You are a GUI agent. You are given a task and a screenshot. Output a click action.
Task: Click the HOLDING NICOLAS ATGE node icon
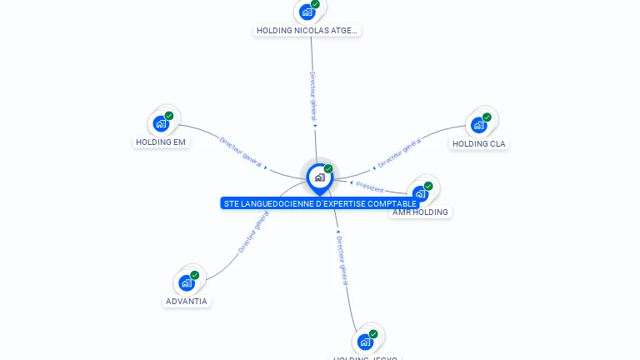307,12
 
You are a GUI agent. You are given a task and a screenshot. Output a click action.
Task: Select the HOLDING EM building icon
162,123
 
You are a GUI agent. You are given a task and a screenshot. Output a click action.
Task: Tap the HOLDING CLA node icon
478,125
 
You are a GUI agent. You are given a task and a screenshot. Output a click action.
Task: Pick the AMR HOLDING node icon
421,193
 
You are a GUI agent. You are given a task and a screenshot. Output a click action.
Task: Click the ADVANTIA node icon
187,282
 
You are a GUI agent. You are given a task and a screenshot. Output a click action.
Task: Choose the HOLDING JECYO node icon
365,342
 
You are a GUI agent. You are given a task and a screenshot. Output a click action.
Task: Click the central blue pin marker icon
319,177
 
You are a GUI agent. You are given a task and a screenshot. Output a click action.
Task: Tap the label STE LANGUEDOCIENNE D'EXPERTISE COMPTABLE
320,203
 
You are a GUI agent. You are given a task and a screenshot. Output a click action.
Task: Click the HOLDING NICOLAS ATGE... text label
307,30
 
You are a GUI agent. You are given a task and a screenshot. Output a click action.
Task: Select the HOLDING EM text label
161,142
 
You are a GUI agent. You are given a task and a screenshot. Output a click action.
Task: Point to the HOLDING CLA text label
478,143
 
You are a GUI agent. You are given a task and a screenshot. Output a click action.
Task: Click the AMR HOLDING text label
420,212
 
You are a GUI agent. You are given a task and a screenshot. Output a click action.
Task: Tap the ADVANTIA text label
187,301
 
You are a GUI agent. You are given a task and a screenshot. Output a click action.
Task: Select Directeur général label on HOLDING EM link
240,152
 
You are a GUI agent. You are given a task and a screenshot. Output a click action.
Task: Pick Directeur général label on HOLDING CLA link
399,153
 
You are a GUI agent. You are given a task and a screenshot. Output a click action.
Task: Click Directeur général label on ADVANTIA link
253,232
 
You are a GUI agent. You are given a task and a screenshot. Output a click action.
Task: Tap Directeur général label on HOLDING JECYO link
342,260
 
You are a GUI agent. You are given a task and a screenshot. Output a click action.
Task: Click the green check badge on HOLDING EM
169,116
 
